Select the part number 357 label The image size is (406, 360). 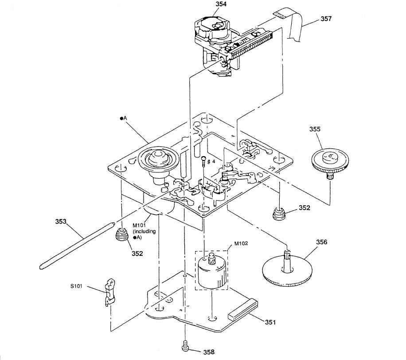tap(326, 19)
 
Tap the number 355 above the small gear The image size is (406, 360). tap(315, 129)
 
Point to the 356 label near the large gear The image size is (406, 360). tap(322, 242)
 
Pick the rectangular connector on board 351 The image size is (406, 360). tap(243, 309)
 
